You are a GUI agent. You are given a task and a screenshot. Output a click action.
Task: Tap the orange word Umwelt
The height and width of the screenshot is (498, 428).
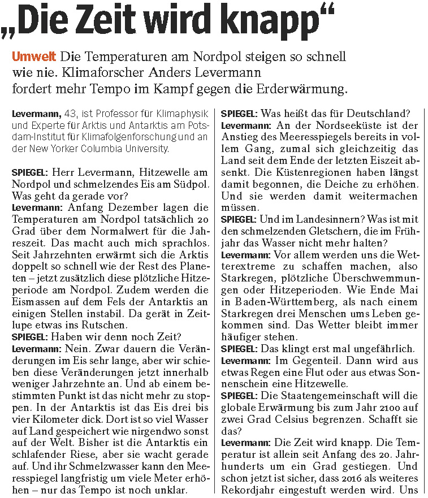tap(33, 57)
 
